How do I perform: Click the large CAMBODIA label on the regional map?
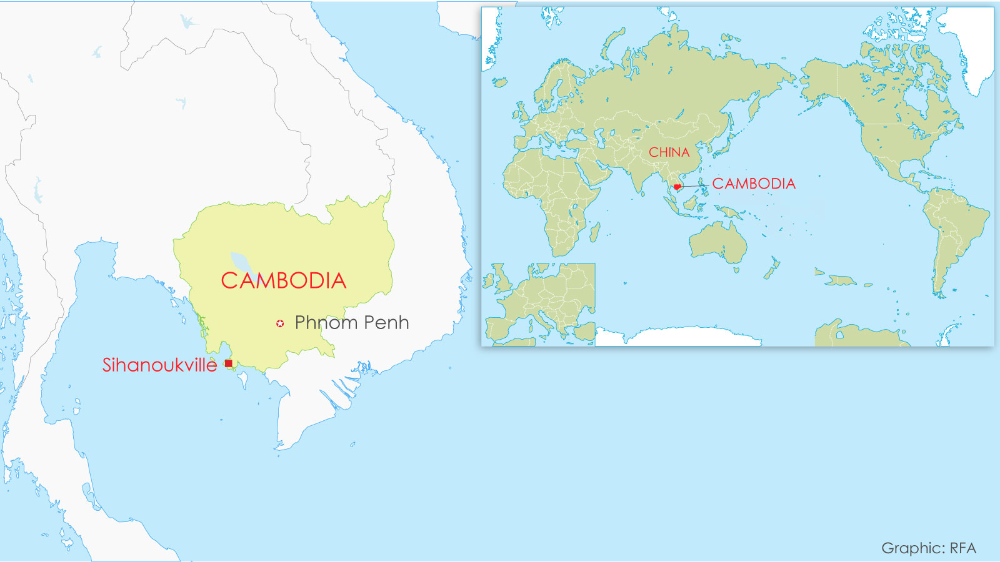click(284, 281)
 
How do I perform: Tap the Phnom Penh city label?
click(351, 323)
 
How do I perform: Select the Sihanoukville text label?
click(159, 365)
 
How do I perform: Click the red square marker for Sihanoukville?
click(229, 363)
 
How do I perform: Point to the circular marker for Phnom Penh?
click(280, 323)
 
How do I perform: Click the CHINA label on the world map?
click(669, 152)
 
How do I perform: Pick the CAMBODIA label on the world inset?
click(754, 184)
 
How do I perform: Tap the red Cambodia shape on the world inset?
click(677, 187)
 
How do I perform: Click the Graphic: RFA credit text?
click(929, 548)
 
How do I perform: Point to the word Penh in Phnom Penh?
click(386, 323)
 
